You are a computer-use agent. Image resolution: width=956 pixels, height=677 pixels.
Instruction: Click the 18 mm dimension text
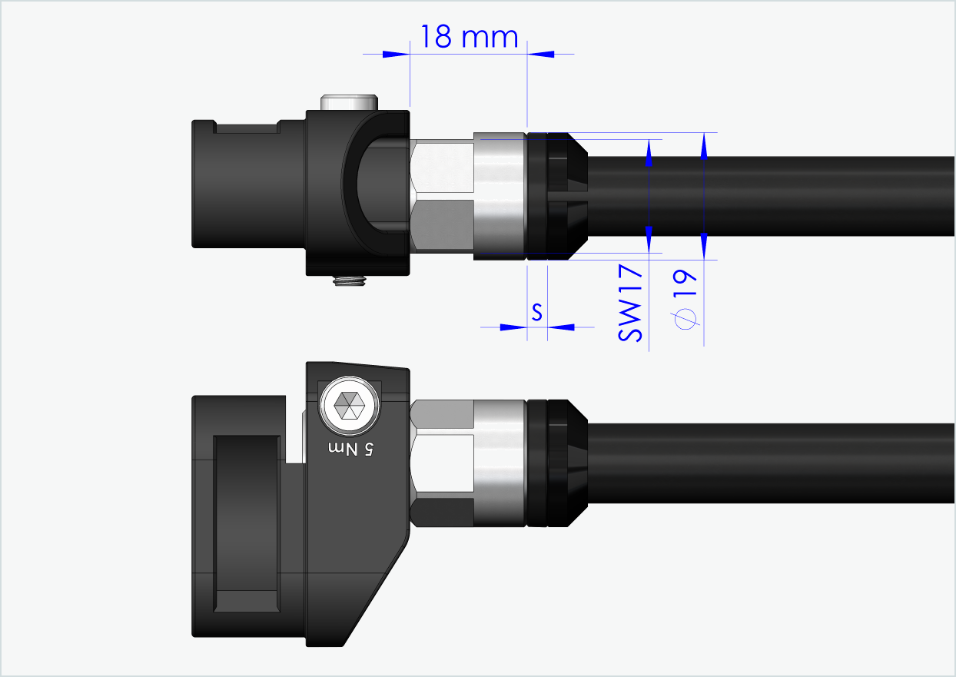(468, 36)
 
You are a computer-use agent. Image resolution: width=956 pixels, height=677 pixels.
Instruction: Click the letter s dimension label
(537, 312)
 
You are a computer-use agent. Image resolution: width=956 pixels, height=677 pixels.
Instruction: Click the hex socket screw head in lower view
(350, 404)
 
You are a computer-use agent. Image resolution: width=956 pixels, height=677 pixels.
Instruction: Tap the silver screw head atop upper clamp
(350, 102)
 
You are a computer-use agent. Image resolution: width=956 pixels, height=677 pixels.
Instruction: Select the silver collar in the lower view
(500, 463)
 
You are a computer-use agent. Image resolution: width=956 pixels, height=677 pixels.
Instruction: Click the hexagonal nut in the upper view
(442, 197)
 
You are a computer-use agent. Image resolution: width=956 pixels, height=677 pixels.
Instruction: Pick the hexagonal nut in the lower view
(442, 463)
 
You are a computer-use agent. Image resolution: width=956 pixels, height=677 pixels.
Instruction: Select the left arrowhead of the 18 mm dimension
(395, 54)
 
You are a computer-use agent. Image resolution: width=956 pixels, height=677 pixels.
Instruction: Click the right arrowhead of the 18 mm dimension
(542, 54)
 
